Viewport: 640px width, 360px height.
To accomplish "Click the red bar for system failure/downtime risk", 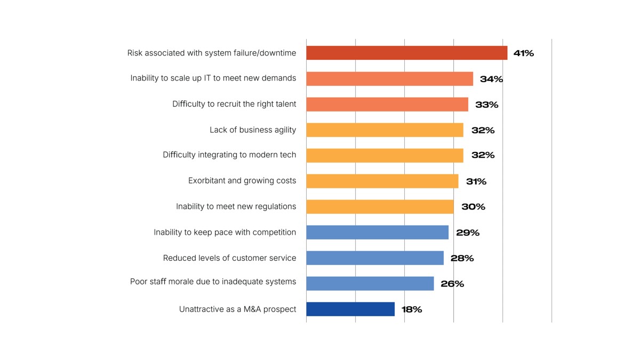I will tap(406, 53).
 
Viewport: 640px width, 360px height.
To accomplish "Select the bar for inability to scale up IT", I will tap(389, 78).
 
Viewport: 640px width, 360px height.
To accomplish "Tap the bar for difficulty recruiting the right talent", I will tap(387, 104).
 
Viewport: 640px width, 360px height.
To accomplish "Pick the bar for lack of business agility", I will tap(385, 130).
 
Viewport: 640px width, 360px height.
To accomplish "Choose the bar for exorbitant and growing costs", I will tap(382, 181).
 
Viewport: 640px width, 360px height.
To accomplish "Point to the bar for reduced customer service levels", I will tap(375, 258).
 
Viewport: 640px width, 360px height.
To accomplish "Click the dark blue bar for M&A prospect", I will tap(350, 309).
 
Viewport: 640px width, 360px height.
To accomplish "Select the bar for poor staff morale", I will tap(370, 283).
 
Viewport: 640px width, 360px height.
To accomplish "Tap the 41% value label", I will tap(523, 53).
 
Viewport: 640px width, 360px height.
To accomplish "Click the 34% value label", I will tap(491, 79).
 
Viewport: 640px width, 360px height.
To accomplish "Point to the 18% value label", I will tap(412, 309).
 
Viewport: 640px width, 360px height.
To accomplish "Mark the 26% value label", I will tap(452, 284).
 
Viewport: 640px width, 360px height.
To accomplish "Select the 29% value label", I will tap(468, 233).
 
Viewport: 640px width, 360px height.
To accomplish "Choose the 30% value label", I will tap(473, 207).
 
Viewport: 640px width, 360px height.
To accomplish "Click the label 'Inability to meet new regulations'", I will tap(236, 206).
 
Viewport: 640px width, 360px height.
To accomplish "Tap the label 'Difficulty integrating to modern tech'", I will tap(229, 155).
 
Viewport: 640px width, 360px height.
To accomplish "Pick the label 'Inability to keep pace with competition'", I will tap(225, 232).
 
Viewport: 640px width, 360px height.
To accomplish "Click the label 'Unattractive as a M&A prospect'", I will tap(237, 309).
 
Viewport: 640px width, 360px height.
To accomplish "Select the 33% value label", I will tap(486, 105).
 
